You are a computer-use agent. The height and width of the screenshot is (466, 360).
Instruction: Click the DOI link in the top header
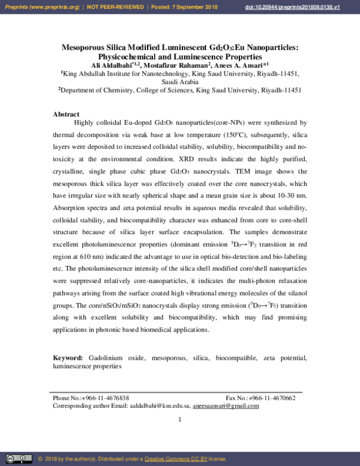[x=309, y=7]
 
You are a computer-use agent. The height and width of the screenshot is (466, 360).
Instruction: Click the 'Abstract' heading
[x=66, y=114]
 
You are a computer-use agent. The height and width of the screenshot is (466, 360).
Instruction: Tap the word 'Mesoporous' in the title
[x=86, y=47]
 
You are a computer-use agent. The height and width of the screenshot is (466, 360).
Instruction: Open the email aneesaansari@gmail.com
[x=226, y=406]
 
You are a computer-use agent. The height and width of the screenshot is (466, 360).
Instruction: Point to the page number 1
[x=179, y=419]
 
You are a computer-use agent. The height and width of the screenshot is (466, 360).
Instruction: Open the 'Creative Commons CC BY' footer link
[x=176, y=459]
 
